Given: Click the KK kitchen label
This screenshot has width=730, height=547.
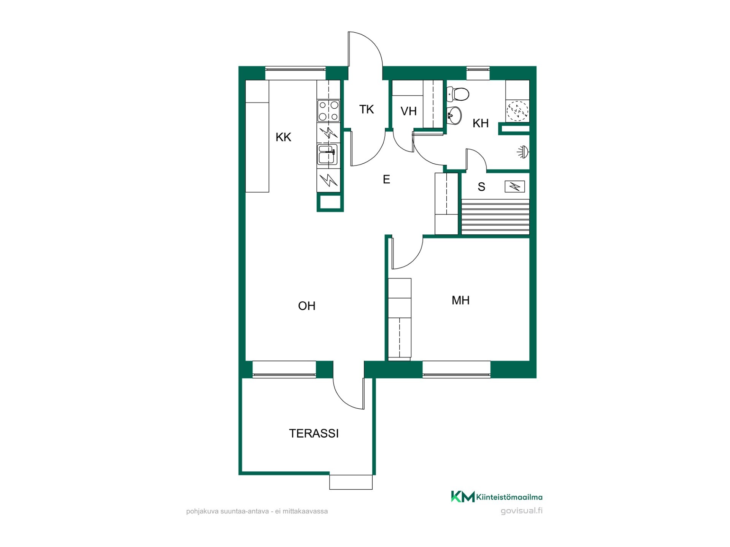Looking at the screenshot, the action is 283,137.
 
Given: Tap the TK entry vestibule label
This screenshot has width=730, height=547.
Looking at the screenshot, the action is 367,109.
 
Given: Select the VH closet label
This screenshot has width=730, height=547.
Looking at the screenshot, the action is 409,111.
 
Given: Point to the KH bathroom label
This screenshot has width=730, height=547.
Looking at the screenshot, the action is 481,123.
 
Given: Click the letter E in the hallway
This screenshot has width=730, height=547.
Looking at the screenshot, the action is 386,179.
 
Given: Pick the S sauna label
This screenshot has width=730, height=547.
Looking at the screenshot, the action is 481,187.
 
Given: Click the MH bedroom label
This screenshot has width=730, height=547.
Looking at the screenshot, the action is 460,300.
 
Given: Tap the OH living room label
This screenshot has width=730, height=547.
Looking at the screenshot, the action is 306,306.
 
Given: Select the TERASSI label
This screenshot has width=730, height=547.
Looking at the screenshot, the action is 314,433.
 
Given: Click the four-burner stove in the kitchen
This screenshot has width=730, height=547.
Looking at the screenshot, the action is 328,111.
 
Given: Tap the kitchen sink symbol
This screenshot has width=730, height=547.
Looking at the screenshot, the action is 327,155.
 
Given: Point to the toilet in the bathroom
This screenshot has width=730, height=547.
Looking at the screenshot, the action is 458,94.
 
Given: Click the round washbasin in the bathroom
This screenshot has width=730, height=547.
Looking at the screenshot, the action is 454,114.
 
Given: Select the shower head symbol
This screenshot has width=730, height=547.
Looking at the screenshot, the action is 523,152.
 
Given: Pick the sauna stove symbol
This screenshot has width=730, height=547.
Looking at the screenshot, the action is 514,187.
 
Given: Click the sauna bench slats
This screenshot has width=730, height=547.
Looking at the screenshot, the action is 495,217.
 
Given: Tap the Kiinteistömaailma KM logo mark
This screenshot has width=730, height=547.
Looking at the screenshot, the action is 463,496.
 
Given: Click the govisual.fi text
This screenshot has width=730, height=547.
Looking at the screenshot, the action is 522,511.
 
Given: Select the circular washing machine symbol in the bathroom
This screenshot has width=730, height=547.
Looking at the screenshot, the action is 517,111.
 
